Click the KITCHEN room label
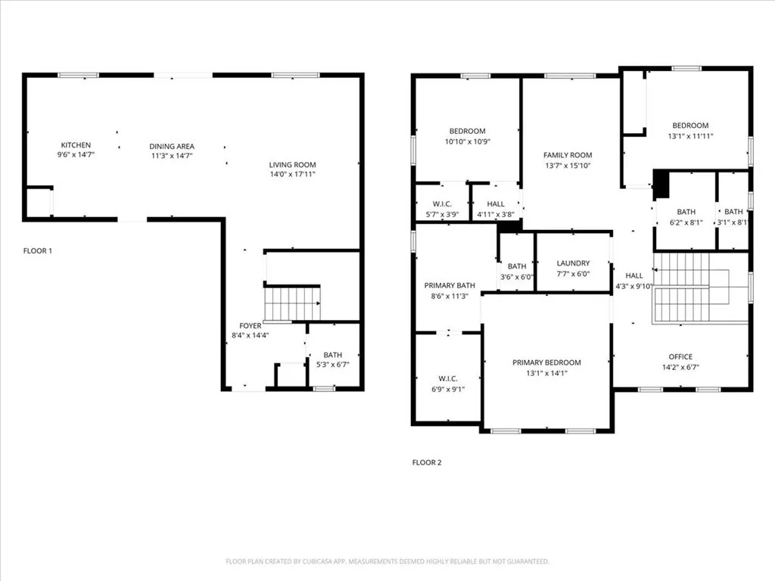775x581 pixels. [76, 145]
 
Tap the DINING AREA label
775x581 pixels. [172, 146]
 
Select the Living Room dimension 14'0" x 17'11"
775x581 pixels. [292, 174]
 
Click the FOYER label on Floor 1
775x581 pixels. [251, 325]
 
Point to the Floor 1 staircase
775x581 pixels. [292, 303]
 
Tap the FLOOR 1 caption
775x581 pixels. [37, 250]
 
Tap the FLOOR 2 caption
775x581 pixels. [426, 462]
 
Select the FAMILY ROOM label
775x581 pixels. [568, 155]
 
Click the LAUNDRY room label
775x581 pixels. [573, 263]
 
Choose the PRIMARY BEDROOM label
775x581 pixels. [546, 362]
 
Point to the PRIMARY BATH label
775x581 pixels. [450, 285]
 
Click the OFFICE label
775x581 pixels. [680, 357]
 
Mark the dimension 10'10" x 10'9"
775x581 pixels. [467, 141]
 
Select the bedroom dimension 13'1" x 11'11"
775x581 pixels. [690, 136]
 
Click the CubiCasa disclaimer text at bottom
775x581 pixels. [387, 561]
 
